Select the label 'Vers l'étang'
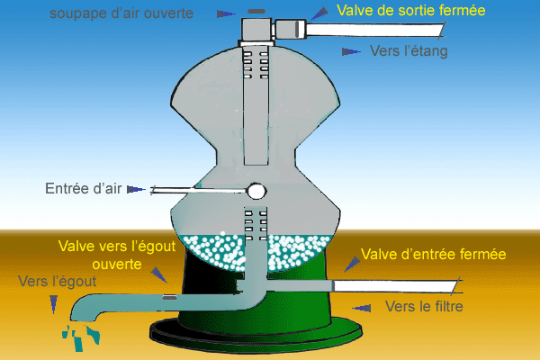click(x=408, y=51)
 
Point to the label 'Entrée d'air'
click(x=84, y=189)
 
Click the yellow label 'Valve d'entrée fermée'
click(x=433, y=255)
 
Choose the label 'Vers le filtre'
click(x=423, y=307)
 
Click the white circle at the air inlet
click(x=256, y=191)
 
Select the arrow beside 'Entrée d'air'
click(x=136, y=189)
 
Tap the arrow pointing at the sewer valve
click(x=158, y=274)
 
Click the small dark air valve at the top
click(x=256, y=12)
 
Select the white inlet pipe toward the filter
click(x=396, y=285)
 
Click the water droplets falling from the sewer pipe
click(x=81, y=337)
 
